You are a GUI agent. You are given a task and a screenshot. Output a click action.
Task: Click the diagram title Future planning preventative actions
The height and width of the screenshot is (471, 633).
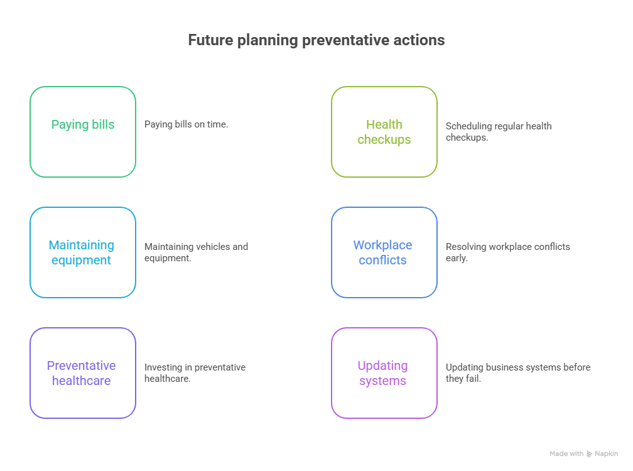pos(316,40)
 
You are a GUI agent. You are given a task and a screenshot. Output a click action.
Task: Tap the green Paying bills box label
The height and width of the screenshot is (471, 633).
pos(83,125)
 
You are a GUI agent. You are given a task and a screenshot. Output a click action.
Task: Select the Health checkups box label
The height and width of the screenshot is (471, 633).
pos(384,132)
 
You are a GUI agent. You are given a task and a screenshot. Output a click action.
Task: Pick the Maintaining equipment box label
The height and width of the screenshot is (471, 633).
pos(81,252)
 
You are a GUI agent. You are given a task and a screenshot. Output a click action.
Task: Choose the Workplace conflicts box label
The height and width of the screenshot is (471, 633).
pos(382,252)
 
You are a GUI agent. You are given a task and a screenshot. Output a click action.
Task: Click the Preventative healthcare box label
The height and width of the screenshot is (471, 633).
pos(81,373)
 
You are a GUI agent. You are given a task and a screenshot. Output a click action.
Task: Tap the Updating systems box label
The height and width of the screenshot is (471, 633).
pos(382,373)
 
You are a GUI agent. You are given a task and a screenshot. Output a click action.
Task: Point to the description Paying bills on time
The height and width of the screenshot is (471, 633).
pos(186,125)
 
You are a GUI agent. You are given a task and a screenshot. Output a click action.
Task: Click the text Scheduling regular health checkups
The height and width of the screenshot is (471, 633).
pos(499,132)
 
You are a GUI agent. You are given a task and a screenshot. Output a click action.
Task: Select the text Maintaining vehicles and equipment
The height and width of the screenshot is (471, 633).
pos(196,252)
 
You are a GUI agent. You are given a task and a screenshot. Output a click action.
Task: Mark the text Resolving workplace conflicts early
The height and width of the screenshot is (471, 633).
pos(508,252)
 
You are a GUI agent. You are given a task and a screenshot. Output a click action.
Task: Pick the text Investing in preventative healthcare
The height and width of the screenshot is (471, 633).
pos(195,373)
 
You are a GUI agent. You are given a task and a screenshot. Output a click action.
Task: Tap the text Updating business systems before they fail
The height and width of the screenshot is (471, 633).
pos(518,373)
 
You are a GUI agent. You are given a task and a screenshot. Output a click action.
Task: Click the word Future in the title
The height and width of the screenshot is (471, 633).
pos(211,40)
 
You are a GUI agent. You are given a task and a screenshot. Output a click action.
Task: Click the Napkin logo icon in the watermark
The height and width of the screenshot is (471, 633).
pos(590,453)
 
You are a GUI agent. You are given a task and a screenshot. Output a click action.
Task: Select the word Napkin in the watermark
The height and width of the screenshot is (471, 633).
pos(606,453)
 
